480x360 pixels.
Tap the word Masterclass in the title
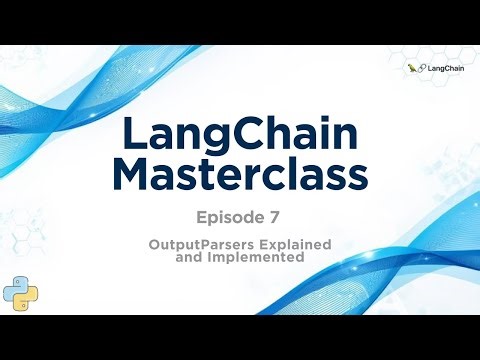click(x=239, y=177)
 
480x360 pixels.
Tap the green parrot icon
click(x=412, y=68)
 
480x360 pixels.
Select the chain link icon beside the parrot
click(x=423, y=68)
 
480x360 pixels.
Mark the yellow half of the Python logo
click(x=27, y=297)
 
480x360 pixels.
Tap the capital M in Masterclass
click(x=129, y=177)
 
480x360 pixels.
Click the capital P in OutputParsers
click(x=211, y=244)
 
